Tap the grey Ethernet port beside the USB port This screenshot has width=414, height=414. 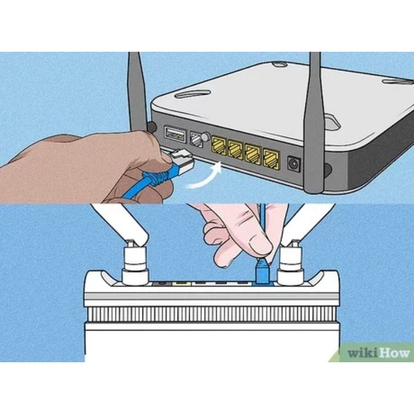(196, 139)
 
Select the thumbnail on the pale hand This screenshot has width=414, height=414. (260, 247)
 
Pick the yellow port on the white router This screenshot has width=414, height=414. (182, 283)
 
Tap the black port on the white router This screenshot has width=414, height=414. (161, 283)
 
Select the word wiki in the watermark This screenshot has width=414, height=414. (362, 353)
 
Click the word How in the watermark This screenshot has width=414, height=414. (394, 353)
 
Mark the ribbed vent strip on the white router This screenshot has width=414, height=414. (211, 314)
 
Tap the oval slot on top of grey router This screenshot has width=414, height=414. (192, 94)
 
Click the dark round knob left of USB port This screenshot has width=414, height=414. (152, 127)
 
